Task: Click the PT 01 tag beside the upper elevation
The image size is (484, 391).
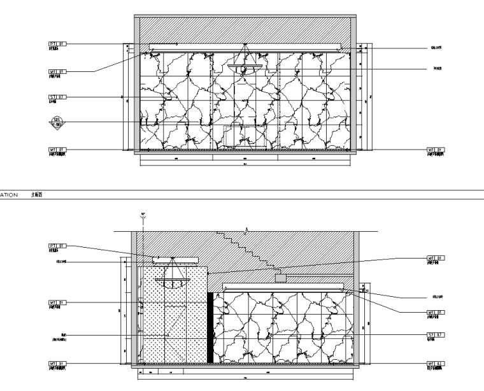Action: click(57, 44)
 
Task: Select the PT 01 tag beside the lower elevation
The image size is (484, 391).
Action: click(57, 245)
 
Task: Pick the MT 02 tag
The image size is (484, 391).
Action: click(436, 364)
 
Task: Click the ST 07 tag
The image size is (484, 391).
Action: click(436, 334)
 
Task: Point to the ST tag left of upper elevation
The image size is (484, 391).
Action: click(57, 97)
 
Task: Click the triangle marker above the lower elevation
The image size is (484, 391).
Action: click(143, 218)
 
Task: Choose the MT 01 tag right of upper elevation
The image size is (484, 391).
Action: click(436, 150)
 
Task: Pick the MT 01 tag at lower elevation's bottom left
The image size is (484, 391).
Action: click(57, 364)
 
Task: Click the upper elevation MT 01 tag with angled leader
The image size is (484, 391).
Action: click(57, 72)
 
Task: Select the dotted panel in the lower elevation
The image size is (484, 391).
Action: click(172, 318)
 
